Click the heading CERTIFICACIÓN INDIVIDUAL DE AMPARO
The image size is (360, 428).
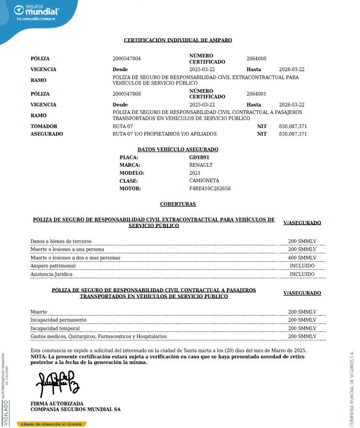(178, 40)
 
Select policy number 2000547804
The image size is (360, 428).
(127, 59)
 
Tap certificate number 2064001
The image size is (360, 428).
(256, 94)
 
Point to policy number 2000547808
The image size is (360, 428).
(127, 94)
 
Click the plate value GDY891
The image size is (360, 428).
(199, 157)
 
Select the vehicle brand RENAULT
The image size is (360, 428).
(201, 165)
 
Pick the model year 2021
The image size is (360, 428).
(195, 173)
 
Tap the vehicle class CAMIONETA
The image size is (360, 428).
(204, 181)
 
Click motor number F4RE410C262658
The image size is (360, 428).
(210, 188)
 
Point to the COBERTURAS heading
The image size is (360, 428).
(178, 204)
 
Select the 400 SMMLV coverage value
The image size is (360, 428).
(302, 258)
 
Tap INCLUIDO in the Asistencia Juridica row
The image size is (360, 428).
(302, 274)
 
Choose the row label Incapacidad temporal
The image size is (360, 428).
(55, 328)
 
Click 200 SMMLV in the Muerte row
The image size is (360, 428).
(302, 312)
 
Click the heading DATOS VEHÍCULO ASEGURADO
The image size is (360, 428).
(178, 149)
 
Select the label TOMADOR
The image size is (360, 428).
(44, 126)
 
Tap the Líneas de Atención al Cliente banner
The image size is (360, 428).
(52, 424)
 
